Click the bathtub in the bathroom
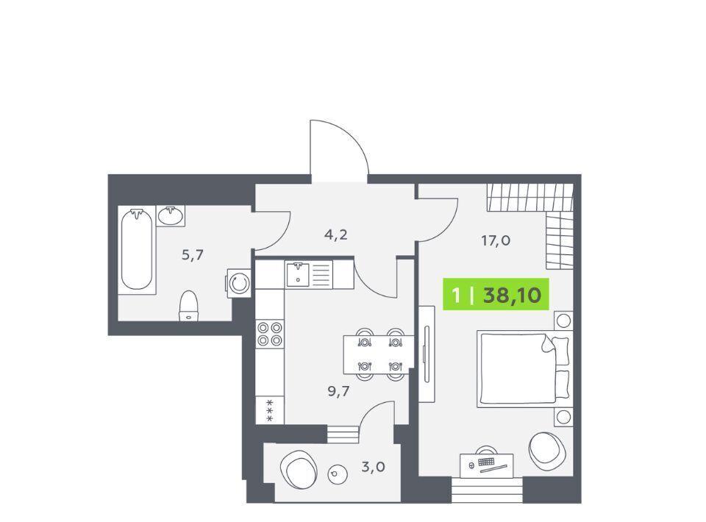point(137,250)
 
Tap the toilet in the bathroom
point(189,306)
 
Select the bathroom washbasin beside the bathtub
point(171,215)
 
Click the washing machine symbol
point(238,283)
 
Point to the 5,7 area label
point(193,255)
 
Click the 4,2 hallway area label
point(336,235)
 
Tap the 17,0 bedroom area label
point(496,240)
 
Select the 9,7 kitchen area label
point(338,391)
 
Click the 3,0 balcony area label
point(374,467)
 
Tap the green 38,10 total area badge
point(496,295)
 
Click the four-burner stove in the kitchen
point(270,334)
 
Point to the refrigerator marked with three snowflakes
point(270,410)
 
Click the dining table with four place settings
point(379,354)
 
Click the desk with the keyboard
point(487,464)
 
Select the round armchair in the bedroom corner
point(546,450)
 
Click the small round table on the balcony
point(338,474)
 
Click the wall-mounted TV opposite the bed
point(427,354)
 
